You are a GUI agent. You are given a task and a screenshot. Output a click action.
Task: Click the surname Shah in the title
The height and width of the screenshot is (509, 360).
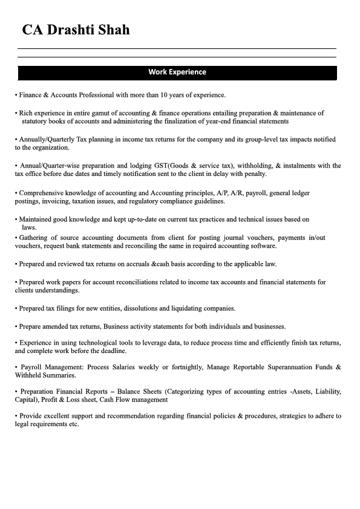(110, 30)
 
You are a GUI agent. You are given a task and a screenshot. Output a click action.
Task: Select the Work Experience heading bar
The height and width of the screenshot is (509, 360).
(177, 72)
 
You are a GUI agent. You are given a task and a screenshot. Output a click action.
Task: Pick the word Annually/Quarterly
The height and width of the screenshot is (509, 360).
(47, 140)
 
